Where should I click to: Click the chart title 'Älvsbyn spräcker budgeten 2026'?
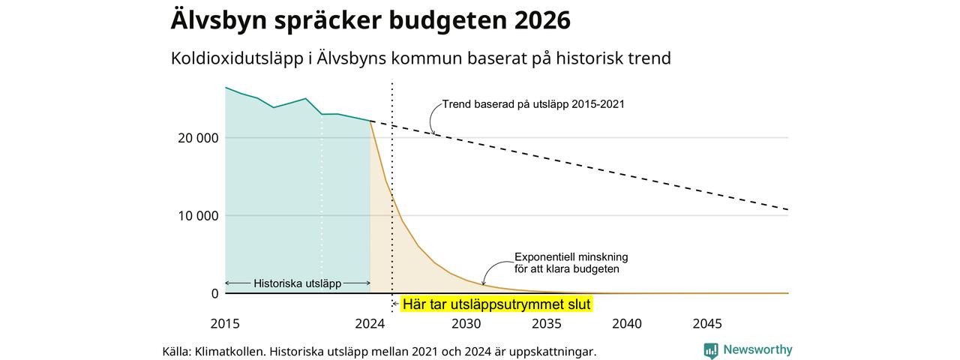click(370, 20)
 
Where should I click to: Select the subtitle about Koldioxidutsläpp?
click(421, 58)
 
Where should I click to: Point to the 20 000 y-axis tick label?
click(198, 139)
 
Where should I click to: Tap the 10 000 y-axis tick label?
click(198, 216)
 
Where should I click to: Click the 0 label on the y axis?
click(214, 293)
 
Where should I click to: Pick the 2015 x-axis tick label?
click(225, 324)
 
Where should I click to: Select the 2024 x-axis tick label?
click(370, 324)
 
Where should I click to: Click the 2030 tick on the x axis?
click(466, 324)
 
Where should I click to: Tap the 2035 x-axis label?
click(547, 324)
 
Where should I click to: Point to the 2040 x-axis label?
click(627, 324)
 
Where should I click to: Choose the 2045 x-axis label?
click(707, 324)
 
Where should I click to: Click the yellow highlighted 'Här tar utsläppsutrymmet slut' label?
click(496, 304)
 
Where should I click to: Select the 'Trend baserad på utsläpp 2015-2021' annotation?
click(533, 104)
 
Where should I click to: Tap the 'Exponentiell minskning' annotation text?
click(571, 257)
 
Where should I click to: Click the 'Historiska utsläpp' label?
click(298, 283)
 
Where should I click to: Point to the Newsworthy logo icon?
click(711, 350)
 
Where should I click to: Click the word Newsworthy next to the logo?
click(757, 349)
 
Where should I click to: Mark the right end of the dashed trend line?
click(788, 209)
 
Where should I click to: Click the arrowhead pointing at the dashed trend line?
click(433, 133)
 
